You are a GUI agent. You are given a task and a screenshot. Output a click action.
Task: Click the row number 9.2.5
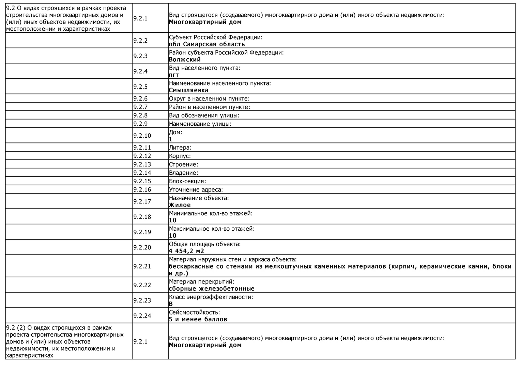coord(140,87)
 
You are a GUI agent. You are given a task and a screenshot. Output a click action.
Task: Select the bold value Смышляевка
coord(188,90)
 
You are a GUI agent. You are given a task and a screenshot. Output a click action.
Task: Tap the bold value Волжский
coord(185,60)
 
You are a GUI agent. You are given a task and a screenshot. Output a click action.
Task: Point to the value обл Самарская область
coord(207,44)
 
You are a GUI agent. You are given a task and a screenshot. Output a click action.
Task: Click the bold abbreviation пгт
coord(174,75)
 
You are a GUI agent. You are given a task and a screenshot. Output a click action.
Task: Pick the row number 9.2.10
coord(142,136)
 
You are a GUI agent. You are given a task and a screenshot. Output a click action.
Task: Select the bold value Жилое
coord(180,205)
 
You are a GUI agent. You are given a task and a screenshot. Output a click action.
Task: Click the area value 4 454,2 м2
coord(186,251)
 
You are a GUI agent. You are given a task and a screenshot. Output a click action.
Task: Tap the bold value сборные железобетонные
coord(212,289)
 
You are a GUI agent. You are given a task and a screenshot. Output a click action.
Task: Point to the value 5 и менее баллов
coord(198,319)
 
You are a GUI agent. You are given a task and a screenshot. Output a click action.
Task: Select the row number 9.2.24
coord(142,316)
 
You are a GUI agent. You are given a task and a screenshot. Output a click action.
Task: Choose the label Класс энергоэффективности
coord(211,297)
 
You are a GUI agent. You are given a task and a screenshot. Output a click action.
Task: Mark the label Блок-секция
coord(187,181)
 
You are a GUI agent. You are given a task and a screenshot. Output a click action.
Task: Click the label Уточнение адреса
coord(196,190)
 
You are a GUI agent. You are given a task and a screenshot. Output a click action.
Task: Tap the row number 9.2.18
coord(142,217)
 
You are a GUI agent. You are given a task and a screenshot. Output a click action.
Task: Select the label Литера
coord(180,148)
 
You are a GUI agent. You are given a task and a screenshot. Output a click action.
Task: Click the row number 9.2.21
coord(142,266)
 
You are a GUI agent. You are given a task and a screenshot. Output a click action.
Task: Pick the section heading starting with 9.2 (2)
coord(65,341)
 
